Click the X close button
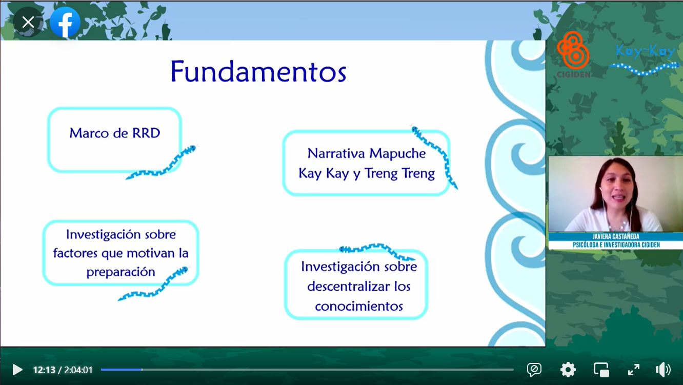click(28, 22)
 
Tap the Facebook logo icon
click(65, 22)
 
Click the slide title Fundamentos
click(258, 71)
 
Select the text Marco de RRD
click(115, 133)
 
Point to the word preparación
click(120, 272)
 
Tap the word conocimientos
click(359, 306)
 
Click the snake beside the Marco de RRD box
click(162, 163)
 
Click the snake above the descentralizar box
click(377, 252)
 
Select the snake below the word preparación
click(153, 283)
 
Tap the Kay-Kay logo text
click(645, 51)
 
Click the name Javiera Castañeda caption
click(616, 236)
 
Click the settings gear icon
click(568, 370)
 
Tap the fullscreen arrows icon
click(634, 370)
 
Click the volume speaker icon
click(663, 370)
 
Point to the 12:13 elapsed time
click(44, 370)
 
